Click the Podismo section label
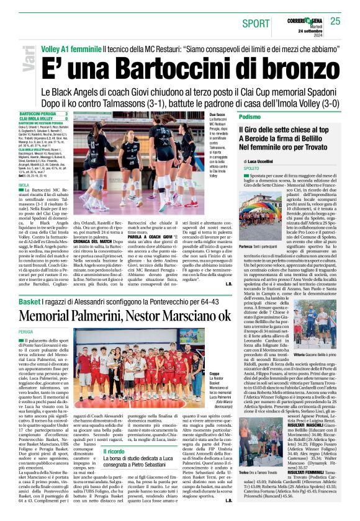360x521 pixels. (x=250, y=117)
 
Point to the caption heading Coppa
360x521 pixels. (x=215, y=374)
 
